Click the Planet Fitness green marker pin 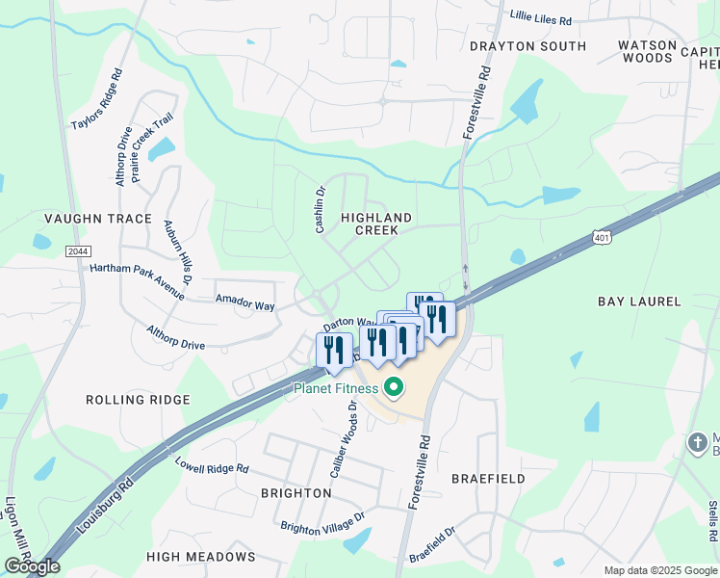[393, 389]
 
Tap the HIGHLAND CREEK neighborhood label [376, 224]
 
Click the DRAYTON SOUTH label [527, 46]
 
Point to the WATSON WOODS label [646, 51]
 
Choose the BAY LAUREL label [639, 302]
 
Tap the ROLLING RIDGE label [138, 399]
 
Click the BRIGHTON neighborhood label [296, 492]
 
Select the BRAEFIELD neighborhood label [488, 478]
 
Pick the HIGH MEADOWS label [201, 557]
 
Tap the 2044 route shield [79, 250]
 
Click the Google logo [32, 565]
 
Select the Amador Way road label [244, 303]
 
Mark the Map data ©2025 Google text [660, 570]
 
